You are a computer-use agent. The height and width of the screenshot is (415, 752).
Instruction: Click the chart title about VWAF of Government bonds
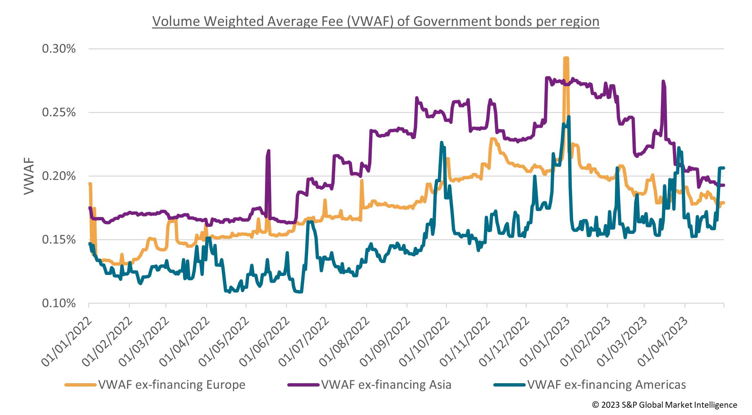(376, 22)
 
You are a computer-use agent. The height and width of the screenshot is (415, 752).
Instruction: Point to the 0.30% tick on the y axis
(59, 49)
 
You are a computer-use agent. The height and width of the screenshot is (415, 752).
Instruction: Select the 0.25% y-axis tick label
(59, 113)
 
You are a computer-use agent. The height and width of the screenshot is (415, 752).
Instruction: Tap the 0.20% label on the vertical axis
(59, 176)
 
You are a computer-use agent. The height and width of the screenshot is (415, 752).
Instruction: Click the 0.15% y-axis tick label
(59, 240)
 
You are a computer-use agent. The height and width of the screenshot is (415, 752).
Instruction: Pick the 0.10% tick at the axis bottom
(59, 303)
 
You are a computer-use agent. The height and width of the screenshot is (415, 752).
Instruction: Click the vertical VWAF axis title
(29, 176)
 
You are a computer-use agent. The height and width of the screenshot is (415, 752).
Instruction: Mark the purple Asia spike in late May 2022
(268, 151)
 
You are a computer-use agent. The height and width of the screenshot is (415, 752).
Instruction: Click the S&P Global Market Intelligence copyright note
(664, 405)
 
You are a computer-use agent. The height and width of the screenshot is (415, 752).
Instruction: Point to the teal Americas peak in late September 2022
(442, 142)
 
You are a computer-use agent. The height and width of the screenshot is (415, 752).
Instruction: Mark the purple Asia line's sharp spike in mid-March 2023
(663, 81)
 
